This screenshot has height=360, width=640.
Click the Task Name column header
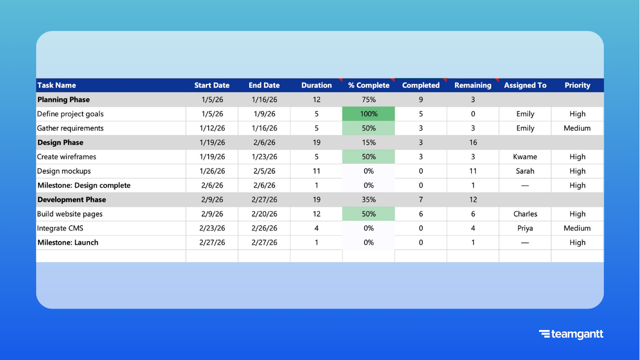point(57,85)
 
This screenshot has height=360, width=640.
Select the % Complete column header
point(369,85)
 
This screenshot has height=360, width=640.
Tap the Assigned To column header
point(525,85)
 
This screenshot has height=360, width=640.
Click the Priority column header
point(577,85)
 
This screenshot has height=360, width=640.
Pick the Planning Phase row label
point(64,100)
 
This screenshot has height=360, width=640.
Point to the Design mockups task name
point(64,171)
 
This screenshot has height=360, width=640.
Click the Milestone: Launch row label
point(68,242)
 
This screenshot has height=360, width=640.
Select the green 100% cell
point(369,114)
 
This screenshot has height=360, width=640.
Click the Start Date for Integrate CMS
point(212,228)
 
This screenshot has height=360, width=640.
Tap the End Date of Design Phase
point(264,142)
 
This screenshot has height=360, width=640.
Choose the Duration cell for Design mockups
point(317,171)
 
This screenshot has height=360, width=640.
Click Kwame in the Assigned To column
point(525,157)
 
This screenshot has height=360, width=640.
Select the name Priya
point(525,228)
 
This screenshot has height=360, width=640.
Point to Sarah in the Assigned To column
point(525,171)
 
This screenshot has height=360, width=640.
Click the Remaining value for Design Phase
point(473,142)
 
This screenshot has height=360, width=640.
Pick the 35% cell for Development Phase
point(369,200)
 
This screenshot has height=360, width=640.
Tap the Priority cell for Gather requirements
point(577,128)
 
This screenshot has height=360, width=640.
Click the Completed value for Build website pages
point(421,214)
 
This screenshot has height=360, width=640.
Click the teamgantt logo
point(571,334)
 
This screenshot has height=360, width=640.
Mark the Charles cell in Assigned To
point(525,214)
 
